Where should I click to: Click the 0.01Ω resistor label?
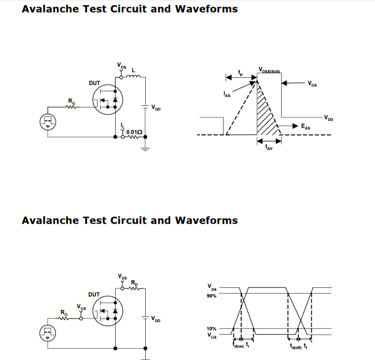pos(134,132)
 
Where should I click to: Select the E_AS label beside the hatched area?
pos(306,126)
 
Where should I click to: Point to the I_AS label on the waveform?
pos(227,94)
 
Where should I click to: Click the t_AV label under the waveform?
pos(269,148)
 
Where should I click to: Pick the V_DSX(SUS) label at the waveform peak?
pos(269,69)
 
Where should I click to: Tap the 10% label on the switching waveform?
pos(212,329)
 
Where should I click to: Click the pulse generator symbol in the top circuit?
pos(48,122)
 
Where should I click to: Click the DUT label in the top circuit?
pos(94,83)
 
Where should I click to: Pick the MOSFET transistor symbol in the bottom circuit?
pos(107,312)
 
